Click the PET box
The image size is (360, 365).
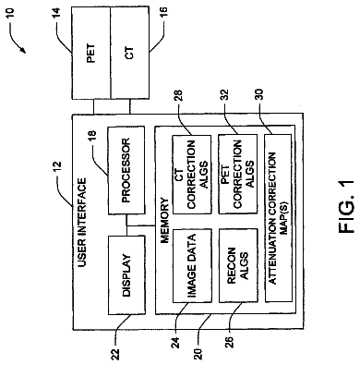[x=90, y=53]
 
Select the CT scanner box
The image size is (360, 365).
[x=130, y=53]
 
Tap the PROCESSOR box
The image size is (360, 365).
[x=126, y=170]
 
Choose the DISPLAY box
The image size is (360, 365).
[x=126, y=275]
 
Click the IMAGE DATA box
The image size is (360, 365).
[x=192, y=265]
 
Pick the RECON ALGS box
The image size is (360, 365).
[x=238, y=265]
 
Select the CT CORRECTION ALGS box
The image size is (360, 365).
[x=192, y=175]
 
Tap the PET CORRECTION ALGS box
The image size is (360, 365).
[x=238, y=175]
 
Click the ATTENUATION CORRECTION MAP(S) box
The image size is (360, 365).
[x=278, y=218]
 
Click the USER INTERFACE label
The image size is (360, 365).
[x=82, y=223]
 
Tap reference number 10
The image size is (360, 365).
[x=9, y=13]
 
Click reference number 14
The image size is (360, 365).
[x=56, y=13]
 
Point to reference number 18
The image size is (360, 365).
[x=92, y=137]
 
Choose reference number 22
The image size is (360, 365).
[x=115, y=353]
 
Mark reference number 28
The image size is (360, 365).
[x=178, y=95]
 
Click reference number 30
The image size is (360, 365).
[x=258, y=95]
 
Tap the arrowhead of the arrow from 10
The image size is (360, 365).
[x=23, y=49]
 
